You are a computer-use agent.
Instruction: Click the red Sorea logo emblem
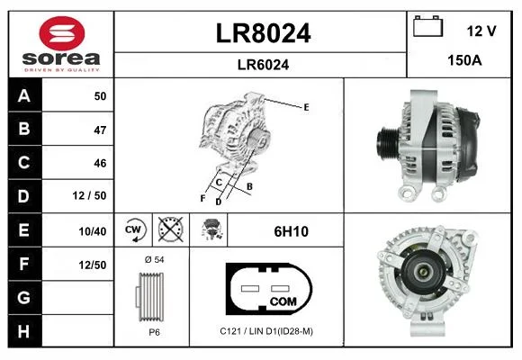tap(62, 33)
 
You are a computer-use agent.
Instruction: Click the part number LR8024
tap(263, 33)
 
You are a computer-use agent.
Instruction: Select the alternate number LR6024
tap(263, 65)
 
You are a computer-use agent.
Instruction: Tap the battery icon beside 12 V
tap(428, 26)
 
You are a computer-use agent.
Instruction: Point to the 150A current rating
tap(464, 60)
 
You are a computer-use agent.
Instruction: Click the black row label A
tap(24, 96)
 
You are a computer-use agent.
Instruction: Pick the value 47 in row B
tap(100, 130)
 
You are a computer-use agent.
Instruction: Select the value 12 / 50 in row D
tap(89, 195)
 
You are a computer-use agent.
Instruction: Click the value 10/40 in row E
tap(92, 231)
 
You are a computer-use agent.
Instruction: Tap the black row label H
tap(24, 331)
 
